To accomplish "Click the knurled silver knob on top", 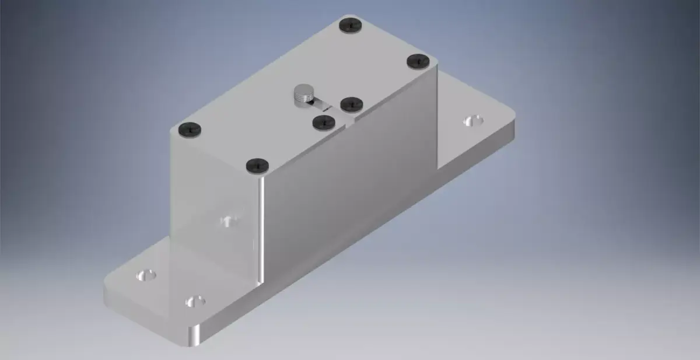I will (303, 95).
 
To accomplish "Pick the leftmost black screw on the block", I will (191, 128).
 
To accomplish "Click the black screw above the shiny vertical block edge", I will (257, 165).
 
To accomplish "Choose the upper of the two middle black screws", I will (352, 104).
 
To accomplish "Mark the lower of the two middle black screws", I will (323, 122).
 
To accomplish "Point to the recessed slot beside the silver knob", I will (320, 105).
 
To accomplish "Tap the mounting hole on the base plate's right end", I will (473, 121).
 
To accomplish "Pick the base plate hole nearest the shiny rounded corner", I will (195, 301).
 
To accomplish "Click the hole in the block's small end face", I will (228, 221).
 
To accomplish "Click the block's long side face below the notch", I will (350, 187).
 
